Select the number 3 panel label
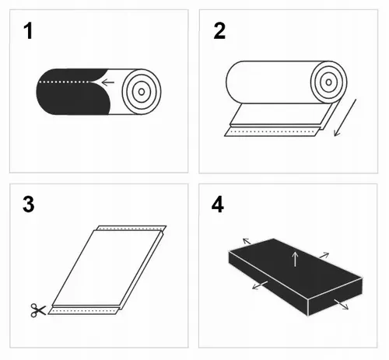click(x=30, y=205)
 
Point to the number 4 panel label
click(x=219, y=205)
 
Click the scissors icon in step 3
click(x=37, y=310)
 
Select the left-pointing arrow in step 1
click(x=107, y=81)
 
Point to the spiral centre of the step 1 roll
click(x=141, y=89)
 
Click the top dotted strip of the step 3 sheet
click(x=129, y=230)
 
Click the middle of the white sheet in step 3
click(x=105, y=268)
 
